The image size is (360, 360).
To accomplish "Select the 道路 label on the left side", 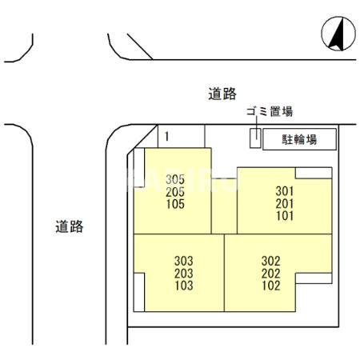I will coord(70,226).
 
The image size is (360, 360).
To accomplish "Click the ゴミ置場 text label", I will coord(269,113).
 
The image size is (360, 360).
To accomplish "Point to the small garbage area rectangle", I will coord(254,138).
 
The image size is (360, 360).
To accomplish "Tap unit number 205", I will coord(176,192).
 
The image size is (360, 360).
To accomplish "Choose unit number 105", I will coord(176,204).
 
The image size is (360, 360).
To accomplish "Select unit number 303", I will coord(183,261).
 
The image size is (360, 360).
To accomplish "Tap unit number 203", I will coord(183,273).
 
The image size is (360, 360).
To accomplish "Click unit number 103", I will coord(183,285).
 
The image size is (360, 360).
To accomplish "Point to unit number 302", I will coord(270,261).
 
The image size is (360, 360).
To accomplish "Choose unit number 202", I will coord(270,273).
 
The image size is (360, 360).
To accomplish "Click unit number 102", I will coord(270,285).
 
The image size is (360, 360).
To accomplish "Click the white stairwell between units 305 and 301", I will coord(225,204).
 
